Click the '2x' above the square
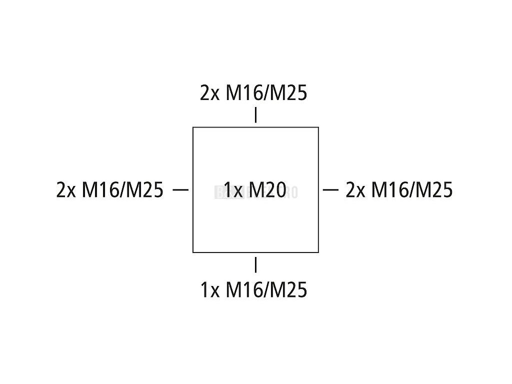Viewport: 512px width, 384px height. [209, 93]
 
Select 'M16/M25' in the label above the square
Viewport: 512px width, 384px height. [266, 93]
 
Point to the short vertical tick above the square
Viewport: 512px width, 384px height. [256, 115]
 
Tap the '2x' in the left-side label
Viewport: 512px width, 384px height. [66, 190]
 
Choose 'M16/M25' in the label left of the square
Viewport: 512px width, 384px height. [122, 190]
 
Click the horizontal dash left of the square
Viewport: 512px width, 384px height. [180, 189]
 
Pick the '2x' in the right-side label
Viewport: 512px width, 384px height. [355, 190]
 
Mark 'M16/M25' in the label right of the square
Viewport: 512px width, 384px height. [412, 190]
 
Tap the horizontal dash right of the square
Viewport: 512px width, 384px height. [331, 189]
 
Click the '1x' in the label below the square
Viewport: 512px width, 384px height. [210, 290]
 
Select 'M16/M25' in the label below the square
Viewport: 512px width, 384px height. [266, 290]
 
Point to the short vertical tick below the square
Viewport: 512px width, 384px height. [256, 264]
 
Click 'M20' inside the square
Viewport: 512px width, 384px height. [267, 190]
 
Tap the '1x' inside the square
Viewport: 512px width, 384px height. [233, 190]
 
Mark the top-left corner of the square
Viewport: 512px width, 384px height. [193, 127]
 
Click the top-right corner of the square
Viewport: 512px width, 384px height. [318, 127]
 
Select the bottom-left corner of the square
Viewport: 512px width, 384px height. [193, 252]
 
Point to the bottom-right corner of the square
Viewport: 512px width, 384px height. [318, 252]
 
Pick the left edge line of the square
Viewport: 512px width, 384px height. [193, 220]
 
